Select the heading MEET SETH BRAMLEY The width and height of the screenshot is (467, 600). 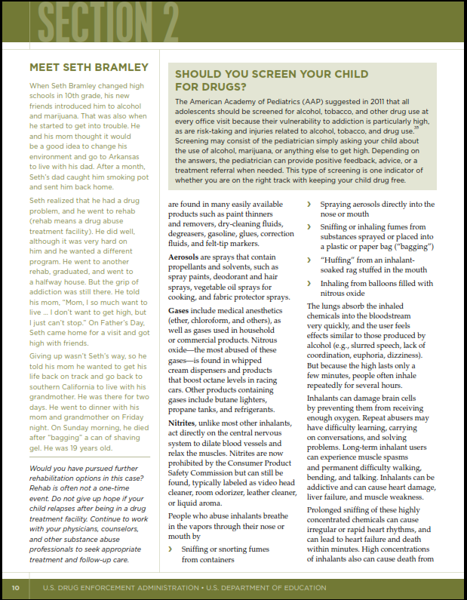click(89, 68)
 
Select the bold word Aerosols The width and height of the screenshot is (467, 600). click(188, 258)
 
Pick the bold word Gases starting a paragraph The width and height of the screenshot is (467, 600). click(179, 311)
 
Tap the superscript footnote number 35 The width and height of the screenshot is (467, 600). click(416, 128)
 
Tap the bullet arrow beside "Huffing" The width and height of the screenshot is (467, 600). click(308, 260)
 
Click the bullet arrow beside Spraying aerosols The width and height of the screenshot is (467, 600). click(308, 205)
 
